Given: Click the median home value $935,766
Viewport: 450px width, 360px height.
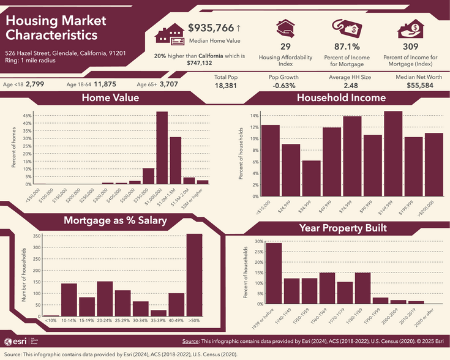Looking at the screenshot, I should pyautogui.click(x=211, y=28).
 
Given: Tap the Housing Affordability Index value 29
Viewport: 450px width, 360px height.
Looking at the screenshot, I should pyautogui.click(x=285, y=47).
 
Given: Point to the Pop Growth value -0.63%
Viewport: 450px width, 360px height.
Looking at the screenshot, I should pyautogui.click(x=283, y=87).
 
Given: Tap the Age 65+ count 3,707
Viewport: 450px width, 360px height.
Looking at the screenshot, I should pyautogui.click(x=168, y=84).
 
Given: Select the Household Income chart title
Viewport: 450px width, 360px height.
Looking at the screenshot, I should pyautogui.click(x=341, y=98).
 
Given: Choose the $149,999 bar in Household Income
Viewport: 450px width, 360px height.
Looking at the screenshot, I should pyautogui.click(x=393, y=154).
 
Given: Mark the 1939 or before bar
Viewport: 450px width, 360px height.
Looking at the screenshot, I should pyautogui.click(x=274, y=273).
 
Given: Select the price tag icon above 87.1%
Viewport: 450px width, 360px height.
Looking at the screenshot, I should pyautogui.click(x=346, y=28).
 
